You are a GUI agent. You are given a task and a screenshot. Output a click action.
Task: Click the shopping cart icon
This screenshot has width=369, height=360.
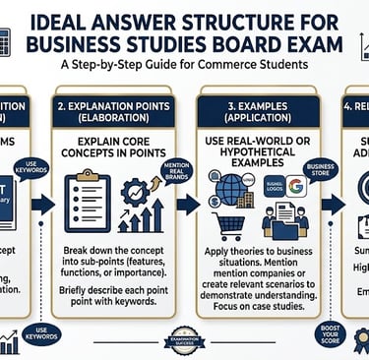[229, 225]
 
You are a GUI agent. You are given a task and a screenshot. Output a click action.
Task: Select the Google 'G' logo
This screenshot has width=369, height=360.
[296, 186]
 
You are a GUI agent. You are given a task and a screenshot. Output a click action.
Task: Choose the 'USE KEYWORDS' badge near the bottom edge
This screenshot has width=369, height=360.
[36, 332]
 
